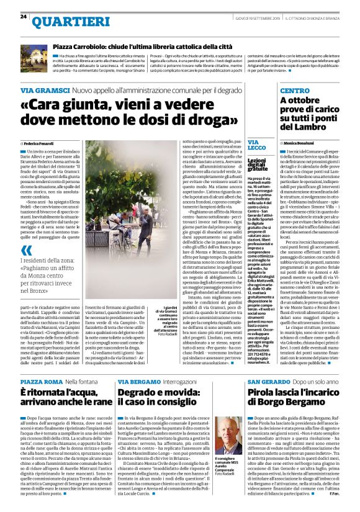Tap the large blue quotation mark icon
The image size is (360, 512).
coord(27,250)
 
